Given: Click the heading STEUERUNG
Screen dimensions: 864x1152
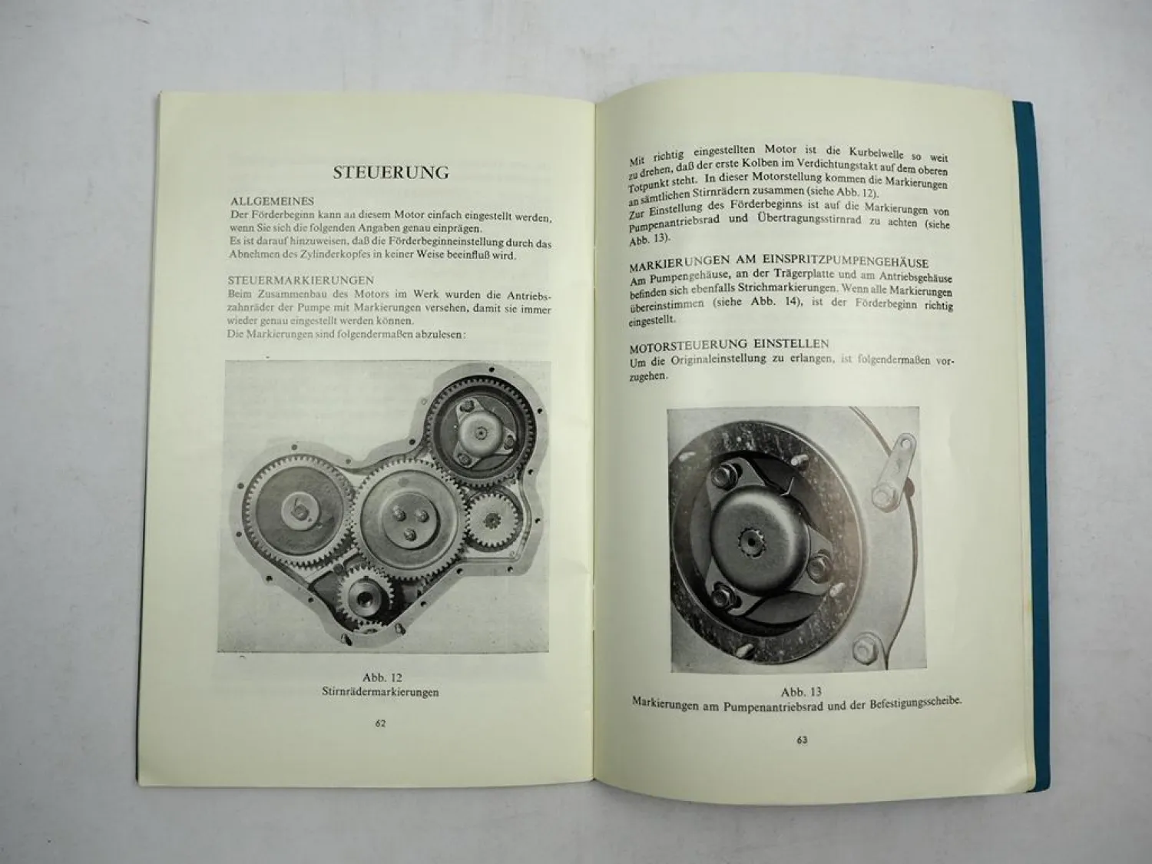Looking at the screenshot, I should pos(391,172).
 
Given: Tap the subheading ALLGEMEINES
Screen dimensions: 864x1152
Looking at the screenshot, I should pos(272,201).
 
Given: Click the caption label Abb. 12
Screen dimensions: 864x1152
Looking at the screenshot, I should pos(382,677).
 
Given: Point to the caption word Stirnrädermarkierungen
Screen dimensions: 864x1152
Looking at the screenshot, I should pos(381,692).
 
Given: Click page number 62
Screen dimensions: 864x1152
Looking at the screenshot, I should pos(380,723).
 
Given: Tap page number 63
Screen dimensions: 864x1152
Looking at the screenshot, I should pos(802,740).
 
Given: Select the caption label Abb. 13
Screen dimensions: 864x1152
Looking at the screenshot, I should pos(801,692).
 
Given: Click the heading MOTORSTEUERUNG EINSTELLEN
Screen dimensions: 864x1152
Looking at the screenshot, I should pos(729,344).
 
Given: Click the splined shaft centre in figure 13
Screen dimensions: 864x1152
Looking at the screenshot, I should pos(750,542).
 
